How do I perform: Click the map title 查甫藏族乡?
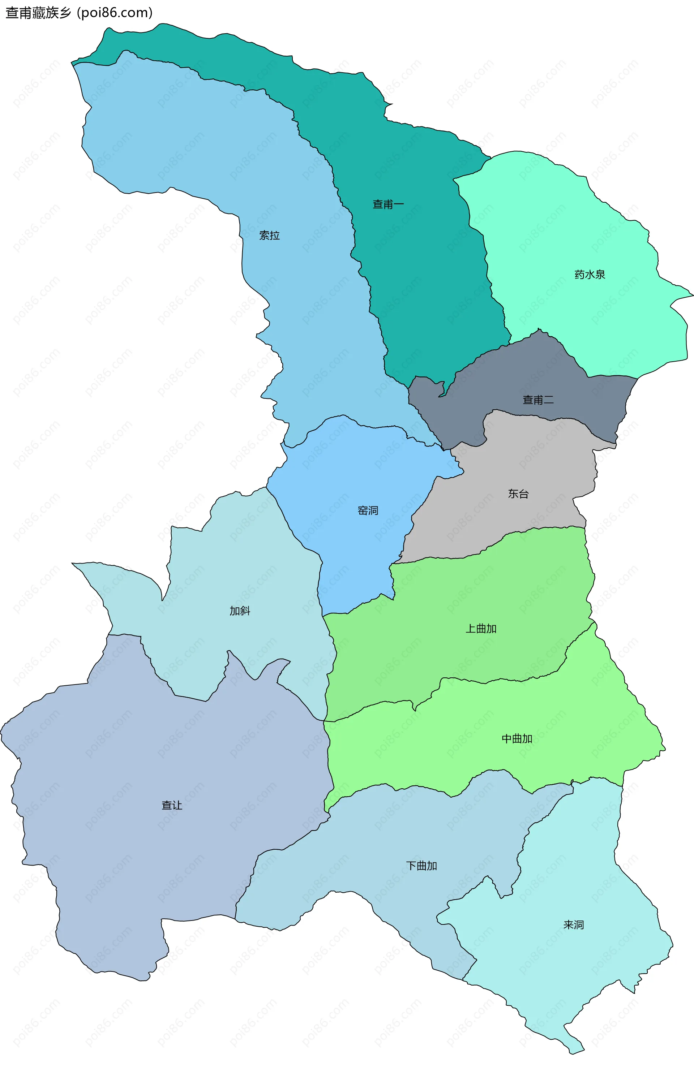tap(39, 13)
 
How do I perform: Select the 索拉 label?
tap(270, 236)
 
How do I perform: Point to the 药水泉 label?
tap(590, 274)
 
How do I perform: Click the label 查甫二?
tap(538, 400)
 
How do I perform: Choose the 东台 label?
tap(518, 494)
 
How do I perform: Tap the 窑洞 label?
tap(368, 510)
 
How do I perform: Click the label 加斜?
tap(240, 611)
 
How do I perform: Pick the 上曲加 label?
tap(481, 629)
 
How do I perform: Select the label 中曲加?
tap(517, 739)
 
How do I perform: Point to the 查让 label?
tap(172, 805)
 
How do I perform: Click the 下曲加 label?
tap(421, 866)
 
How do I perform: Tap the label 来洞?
tap(574, 925)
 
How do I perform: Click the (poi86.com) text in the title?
tap(115, 13)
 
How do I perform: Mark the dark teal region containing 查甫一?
tap(419, 270)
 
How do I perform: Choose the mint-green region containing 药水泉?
tap(563, 225)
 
